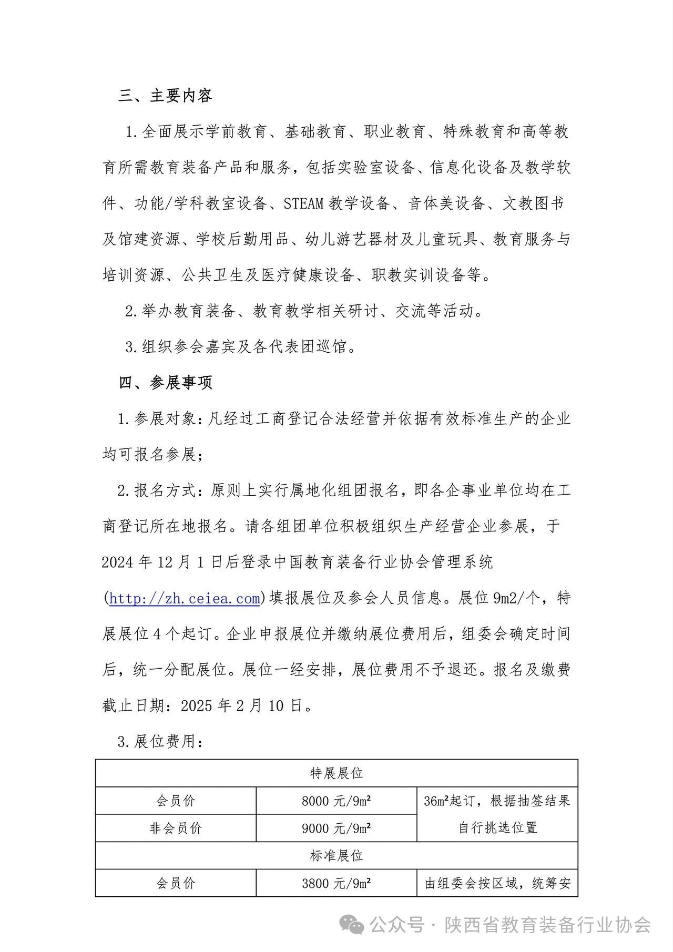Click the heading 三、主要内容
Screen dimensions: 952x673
click(x=165, y=96)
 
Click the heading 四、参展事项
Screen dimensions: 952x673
click(x=165, y=383)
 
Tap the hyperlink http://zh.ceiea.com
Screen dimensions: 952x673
click(x=185, y=598)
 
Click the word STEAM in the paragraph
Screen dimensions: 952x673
click(x=303, y=203)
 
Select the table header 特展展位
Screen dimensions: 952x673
click(x=336, y=773)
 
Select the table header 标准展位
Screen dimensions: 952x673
click(x=336, y=855)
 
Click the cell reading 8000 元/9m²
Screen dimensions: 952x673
click(x=336, y=801)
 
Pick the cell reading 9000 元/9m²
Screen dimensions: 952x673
click(x=336, y=828)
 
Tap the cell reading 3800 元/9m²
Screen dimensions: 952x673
click(x=336, y=883)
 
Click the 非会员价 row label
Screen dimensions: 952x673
click(x=176, y=828)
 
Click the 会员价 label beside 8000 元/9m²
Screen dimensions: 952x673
click(x=176, y=801)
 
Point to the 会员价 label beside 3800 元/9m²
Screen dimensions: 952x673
click(x=176, y=883)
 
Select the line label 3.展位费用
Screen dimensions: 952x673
click(x=160, y=742)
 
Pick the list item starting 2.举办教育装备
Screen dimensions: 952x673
click(x=304, y=311)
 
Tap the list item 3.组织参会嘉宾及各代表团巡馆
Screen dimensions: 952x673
click(x=241, y=347)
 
